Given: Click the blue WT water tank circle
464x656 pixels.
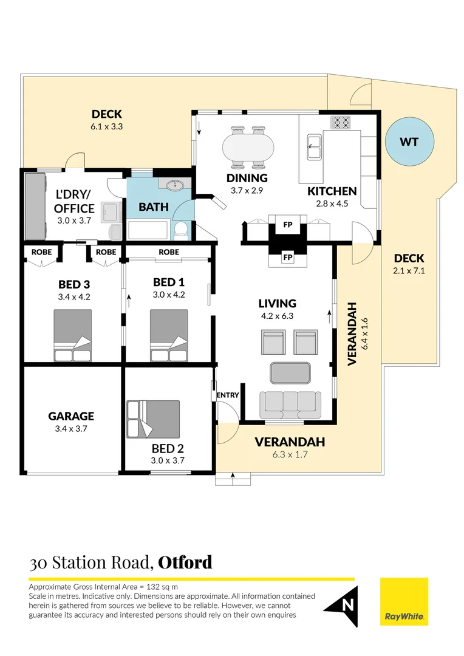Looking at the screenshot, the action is (x=409, y=142).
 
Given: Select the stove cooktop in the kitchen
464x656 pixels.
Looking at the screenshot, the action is (x=341, y=122).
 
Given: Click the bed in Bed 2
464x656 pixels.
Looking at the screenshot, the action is (x=153, y=417).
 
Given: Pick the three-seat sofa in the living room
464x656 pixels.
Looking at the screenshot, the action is (x=290, y=405).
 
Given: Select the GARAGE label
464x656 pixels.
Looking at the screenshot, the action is (x=71, y=416).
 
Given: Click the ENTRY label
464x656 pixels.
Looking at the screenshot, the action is (x=228, y=395).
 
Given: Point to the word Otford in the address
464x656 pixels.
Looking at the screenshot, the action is (x=185, y=562).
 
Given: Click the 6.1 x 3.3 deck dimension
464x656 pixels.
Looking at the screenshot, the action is (x=107, y=127).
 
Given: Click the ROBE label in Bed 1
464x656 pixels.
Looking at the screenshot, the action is (x=168, y=251).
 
